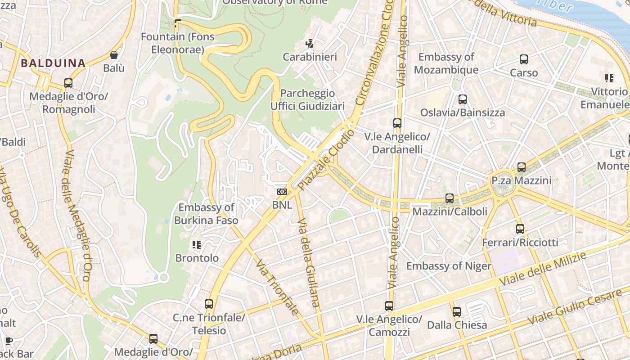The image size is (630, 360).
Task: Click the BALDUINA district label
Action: [x=53, y=63]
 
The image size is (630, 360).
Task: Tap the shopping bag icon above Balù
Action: [x=114, y=55]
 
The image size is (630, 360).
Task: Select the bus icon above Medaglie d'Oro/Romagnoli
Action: [x=68, y=83]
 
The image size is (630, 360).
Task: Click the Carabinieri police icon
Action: [x=309, y=44]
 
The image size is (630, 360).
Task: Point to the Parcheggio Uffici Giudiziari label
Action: [x=308, y=99]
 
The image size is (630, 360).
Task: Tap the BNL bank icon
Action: [x=282, y=192]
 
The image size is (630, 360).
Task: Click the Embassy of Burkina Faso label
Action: [x=206, y=214]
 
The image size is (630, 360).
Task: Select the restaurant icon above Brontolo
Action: [x=197, y=245]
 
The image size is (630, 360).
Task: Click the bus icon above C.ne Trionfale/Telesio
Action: [x=209, y=304]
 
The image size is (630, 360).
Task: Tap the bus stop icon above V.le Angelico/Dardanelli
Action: [x=397, y=123]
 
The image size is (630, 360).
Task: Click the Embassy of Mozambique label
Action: [x=446, y=63]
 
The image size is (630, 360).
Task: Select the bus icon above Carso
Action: [x=524, y=59]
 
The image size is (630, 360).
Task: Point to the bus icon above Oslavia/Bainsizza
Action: [x=463, y=99]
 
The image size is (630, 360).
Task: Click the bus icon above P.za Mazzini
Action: [x=522, y=167]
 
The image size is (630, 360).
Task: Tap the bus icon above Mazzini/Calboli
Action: [x=450, y=198]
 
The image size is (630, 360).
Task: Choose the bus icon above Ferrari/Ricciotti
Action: [x=520, y=229]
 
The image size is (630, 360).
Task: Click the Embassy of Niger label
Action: [x=449, y=266]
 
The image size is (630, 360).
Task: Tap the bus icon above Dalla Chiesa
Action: [x=457, y=311]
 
